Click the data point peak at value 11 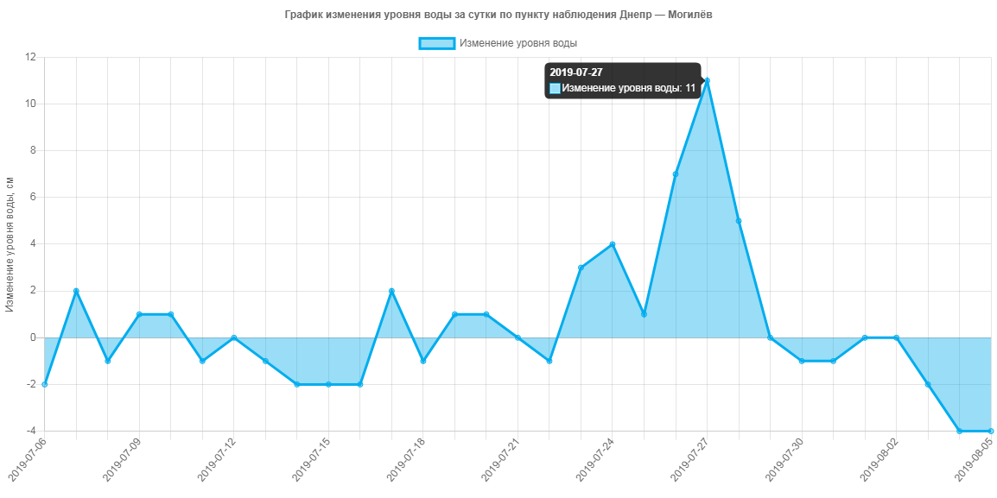pos(708,80)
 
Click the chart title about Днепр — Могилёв pos(498,15)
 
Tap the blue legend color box pos(436,43)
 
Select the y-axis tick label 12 pos(31,57)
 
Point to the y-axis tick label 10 pos(31,104)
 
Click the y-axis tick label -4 pos(31,431)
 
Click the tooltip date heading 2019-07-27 pos(576,72)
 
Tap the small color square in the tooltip pos(555,88)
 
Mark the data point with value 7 pos(676,173)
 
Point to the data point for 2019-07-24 pos(613,243)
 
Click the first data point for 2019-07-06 pos(44,384)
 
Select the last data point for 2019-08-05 pos(991,431)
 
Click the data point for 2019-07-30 pos(802,361)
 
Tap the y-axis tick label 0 pos(33,337)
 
